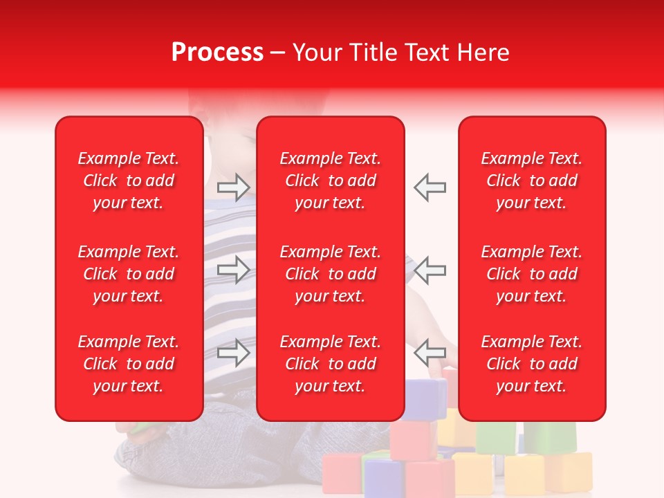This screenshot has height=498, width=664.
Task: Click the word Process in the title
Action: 217,53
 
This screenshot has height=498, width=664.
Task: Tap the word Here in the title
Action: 481,53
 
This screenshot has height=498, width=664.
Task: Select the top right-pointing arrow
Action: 234,187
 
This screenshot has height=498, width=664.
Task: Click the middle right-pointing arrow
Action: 234,270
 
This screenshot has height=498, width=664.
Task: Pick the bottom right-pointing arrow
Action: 234,353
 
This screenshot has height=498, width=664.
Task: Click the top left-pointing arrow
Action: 430,187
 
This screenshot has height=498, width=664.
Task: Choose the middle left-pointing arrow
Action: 430,270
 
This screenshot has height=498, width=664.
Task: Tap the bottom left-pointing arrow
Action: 430,353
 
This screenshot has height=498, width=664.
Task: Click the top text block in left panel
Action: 129,181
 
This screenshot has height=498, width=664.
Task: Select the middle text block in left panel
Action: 129,274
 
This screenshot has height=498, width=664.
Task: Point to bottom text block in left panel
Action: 129,364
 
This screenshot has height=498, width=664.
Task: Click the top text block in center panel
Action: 330,181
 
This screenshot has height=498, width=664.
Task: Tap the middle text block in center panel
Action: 330,274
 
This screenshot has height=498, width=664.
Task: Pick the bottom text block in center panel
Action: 330,364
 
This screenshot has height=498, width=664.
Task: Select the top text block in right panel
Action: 531,181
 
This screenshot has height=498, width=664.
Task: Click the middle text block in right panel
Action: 531,274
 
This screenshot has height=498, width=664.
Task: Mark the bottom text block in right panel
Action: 531,364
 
